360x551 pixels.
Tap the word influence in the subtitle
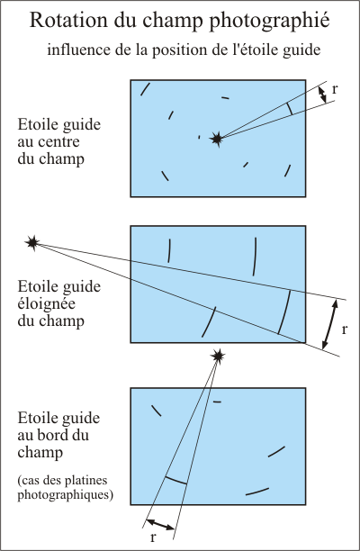coord(77,50)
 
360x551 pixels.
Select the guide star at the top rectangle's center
coord(216,138)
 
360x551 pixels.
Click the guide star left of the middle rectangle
coord(33,242)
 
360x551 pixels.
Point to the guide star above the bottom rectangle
coord(217,357)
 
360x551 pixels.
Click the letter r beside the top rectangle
coord(336,90)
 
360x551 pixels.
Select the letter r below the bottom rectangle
coord(153,537)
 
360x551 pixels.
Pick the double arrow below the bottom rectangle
coord(161,523)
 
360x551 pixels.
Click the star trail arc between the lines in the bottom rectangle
coord(175,480)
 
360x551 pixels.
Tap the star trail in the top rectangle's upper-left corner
coord(145,88)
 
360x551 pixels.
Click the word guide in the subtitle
coord(292,50)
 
